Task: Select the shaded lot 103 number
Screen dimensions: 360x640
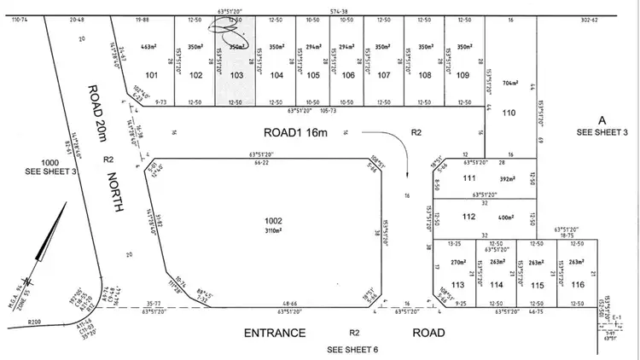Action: tap(236, 75)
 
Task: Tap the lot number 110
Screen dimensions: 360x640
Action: tap(509, 113)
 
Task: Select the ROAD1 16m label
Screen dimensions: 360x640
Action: tap(295, 132)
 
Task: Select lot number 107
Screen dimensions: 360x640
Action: tap(384, 75)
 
